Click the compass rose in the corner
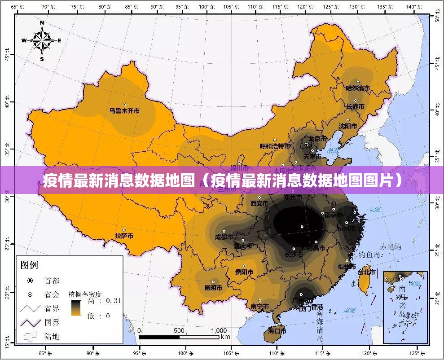point(42,40)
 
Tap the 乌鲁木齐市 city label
point(124,110)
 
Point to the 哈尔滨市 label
point(357,89)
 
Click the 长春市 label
point(355,107)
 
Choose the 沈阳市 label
point(348,126)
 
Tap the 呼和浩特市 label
point(275,146)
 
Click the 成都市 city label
point(224,237)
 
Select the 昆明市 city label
point(213,288)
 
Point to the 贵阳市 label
point(244,272)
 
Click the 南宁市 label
point(259,307)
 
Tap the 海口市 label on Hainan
point(277,331)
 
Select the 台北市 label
point(366,272)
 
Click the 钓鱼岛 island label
point(369,255)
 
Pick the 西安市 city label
point(259,203)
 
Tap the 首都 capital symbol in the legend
point(30,281)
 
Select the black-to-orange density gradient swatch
point(75,308)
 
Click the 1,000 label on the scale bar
point(219,331)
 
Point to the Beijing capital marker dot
point(307,145)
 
